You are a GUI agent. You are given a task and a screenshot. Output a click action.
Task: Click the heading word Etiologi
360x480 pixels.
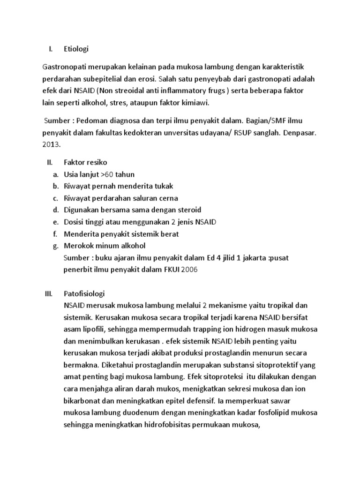[x=76, y=48]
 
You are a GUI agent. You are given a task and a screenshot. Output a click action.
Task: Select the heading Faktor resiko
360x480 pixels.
[x=85, y=162]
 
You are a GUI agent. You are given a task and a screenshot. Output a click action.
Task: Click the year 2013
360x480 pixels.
[x=52, y=145]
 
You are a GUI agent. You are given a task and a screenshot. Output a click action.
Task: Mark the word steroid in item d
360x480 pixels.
[x=187, y=210]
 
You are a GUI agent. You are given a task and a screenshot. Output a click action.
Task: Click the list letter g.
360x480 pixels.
[x=55, y=246]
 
